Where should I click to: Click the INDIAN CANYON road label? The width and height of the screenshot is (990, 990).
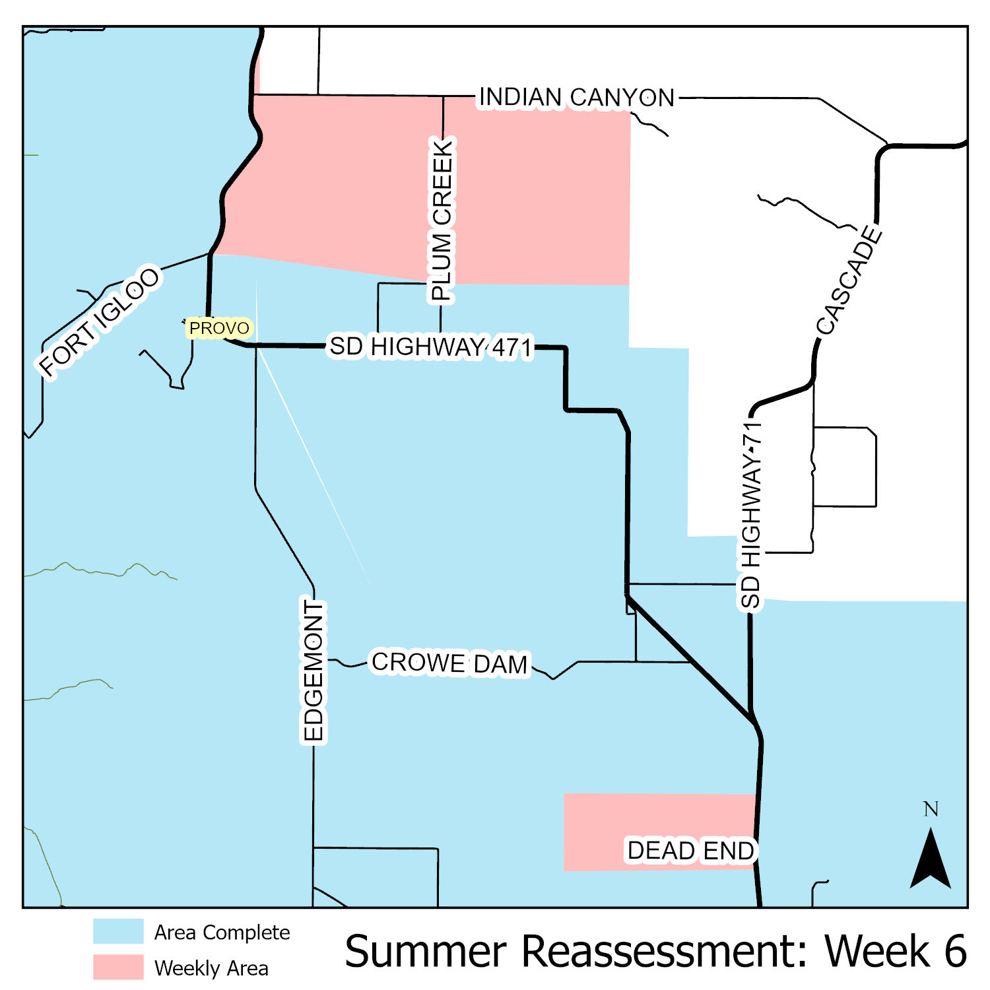577,98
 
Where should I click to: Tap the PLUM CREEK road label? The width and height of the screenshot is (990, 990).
442,220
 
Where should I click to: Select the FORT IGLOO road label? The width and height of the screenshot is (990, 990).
100,321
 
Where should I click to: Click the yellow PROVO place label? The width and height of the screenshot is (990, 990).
219,328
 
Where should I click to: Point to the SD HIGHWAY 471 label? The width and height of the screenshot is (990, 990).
430,346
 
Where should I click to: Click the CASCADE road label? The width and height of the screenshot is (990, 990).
849,280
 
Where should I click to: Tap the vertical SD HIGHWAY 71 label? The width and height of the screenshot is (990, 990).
751,515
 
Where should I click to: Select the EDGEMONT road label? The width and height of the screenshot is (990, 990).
313,671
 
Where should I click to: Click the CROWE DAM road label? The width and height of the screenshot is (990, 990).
449,663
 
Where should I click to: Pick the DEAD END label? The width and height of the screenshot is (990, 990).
690,851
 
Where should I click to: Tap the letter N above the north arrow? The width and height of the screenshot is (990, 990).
931,809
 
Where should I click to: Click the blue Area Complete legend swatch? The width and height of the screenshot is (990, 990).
118,931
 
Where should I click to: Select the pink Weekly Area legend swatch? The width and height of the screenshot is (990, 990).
118,967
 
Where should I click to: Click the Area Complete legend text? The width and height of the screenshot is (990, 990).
222,933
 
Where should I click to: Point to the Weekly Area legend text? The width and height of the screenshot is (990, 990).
211,968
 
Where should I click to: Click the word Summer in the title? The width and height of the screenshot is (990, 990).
426,952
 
